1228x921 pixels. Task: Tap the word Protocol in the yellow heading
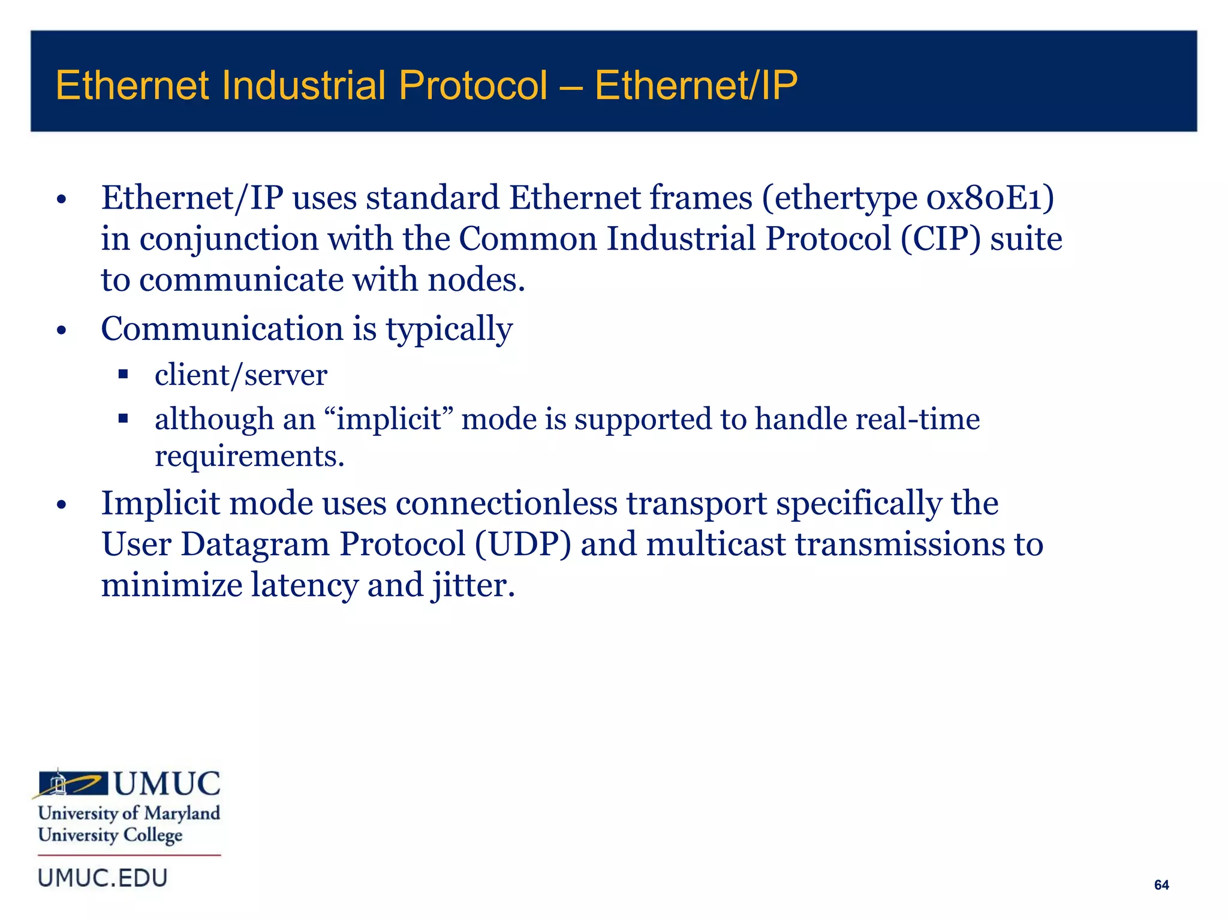(x=473, y=85)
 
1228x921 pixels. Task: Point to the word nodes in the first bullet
(x=475, y=280)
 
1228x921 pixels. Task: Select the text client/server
(x=240, y=375)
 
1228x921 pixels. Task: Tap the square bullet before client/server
(x=124, y=375)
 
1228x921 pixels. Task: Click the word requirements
(x=249, y=456)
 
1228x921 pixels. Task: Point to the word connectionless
(x=506, y=503)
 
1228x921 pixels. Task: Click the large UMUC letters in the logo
(x=167, y=784)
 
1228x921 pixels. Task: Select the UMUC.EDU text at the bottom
(x=103, y=878)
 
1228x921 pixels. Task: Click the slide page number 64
(x=1161, y=885)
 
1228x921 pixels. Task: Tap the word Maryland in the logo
(x=182, y=813)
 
